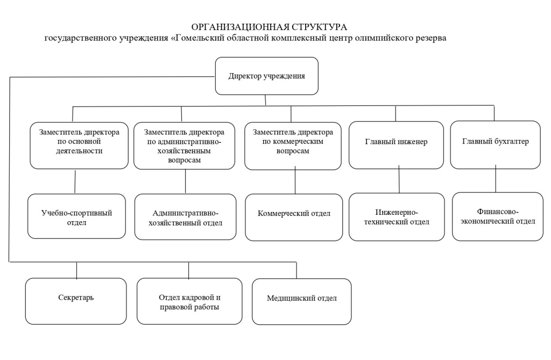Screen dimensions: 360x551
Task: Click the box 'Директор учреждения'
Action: (x=266, y=76)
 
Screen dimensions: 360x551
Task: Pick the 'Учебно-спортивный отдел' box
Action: (x=76, y=216)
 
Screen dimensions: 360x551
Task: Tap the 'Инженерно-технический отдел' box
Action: (x=397, y=216)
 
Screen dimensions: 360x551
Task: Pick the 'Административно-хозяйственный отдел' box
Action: (x=185, y=216)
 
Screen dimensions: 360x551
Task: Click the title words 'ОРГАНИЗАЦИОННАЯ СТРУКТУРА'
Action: (x=270, y=27)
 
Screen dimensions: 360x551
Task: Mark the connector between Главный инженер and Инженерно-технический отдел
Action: (x=399, y=180)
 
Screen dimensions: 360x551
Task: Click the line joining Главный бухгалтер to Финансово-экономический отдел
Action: (x=496, y=180)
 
